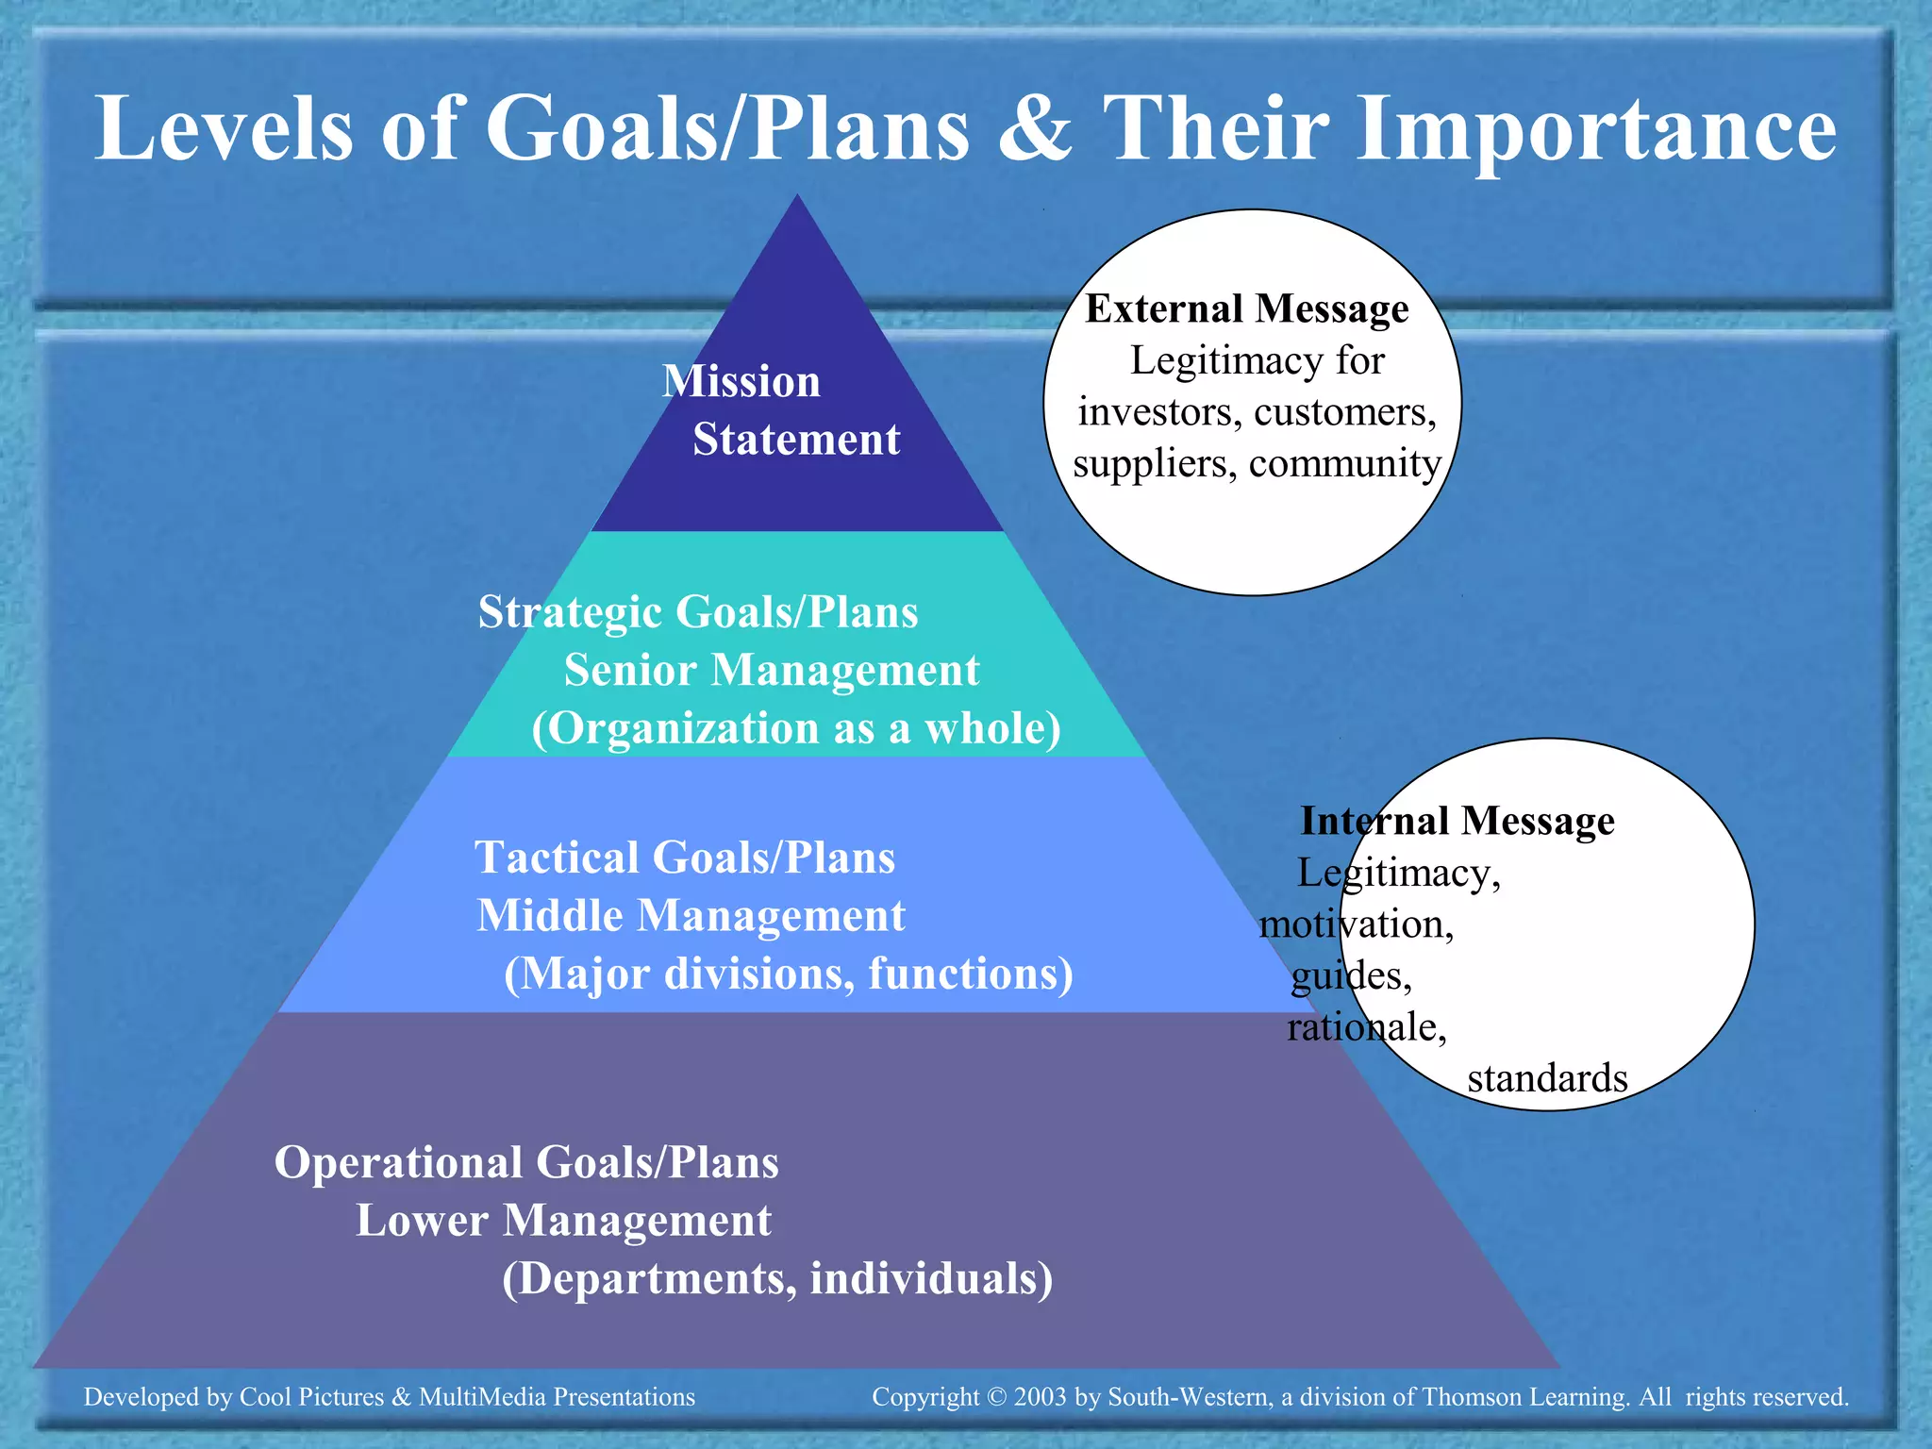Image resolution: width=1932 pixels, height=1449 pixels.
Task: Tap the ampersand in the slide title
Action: [x=1035, y=130]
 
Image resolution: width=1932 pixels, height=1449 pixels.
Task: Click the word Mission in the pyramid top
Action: [x=741, y=381]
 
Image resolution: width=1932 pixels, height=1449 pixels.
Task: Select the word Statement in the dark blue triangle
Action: [x=796, y=440]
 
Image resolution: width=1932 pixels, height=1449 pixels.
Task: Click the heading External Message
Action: [x=1246, y=309]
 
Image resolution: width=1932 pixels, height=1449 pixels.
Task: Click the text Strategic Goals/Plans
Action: [x=698, y=612]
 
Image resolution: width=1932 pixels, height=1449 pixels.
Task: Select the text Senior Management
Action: [x=772, y=671]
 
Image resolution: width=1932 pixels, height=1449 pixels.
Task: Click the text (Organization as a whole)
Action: [x=796, y=729]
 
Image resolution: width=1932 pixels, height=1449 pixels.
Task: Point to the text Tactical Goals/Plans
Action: [x=685, y=858]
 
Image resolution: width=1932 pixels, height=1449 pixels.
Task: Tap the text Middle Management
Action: [x=691, y=916]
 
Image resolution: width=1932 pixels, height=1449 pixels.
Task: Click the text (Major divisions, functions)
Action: [x=789, y=974]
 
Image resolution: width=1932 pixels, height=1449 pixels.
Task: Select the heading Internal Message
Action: [x=1457, y=821]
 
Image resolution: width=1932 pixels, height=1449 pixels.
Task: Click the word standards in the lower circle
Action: [x=1547, y=1078]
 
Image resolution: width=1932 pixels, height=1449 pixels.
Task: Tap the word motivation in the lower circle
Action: [x=1356, y=924]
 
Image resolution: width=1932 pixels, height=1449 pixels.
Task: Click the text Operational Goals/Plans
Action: [x=526, y=1162]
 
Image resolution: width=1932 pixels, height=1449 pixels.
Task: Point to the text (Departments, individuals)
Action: [x=777, y=1279]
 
